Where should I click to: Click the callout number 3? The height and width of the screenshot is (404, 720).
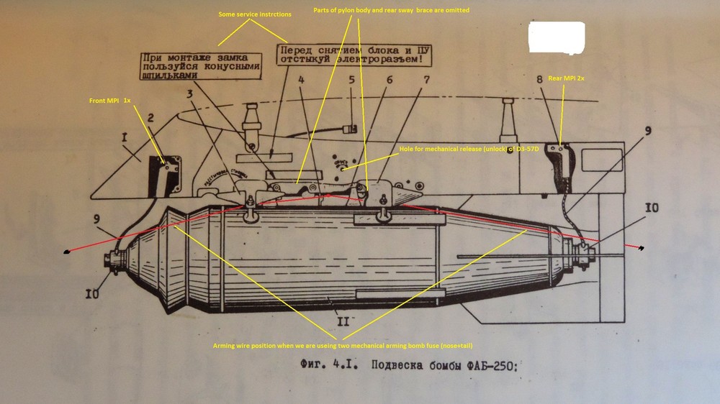click(189, 93)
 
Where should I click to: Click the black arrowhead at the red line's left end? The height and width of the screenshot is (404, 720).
click(67, 252)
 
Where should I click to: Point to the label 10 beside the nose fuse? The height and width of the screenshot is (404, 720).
click(93, 293)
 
